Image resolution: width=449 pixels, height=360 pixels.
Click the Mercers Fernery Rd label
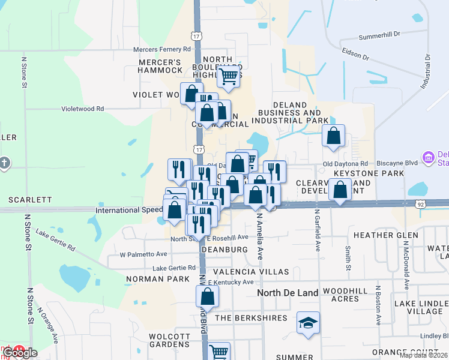coord(161,49)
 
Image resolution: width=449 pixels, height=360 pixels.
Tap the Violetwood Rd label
coord(83,109)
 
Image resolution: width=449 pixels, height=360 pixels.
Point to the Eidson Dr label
coord(355,55)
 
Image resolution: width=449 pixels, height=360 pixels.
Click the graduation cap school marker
coord(308,323)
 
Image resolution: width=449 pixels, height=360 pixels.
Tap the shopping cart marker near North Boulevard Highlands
coord(228,76)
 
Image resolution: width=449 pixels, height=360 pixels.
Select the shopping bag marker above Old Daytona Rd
coord(333,135)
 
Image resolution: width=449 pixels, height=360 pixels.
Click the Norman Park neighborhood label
coord(150,279)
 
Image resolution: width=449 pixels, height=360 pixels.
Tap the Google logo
coord(20,353)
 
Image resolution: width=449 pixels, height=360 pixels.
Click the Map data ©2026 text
coord(423,355)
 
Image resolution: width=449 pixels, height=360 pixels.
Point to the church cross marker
coord(4,163)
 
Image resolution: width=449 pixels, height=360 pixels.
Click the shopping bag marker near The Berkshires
coord(207,296)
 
